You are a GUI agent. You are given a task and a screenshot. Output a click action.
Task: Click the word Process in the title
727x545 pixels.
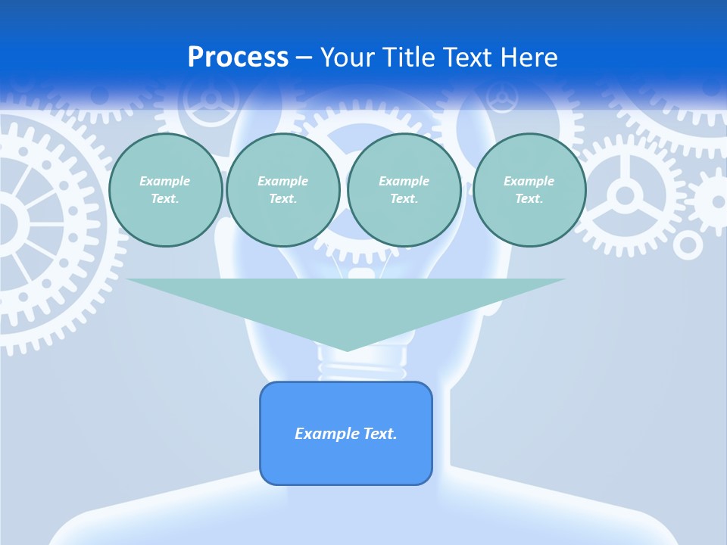point(238,58)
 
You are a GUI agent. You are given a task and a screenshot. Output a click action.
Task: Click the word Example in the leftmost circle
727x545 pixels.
point(165,181)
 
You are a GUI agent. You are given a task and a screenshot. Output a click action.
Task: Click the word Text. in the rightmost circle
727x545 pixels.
point(529,198)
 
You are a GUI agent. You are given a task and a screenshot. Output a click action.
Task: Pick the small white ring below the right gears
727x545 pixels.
point(688,245)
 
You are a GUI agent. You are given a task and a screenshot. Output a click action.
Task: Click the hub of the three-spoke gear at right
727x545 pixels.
point(625,196)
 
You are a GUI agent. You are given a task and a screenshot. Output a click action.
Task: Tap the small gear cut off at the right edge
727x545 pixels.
point(714,201)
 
